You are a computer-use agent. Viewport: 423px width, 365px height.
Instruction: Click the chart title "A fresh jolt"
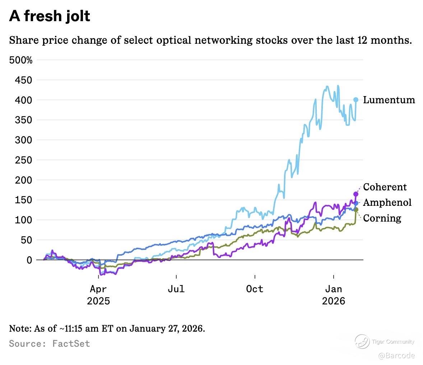[x=50, y=16]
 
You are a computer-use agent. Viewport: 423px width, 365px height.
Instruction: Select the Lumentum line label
[x=389, y=100]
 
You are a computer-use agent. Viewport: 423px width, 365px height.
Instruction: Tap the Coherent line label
[x=385, y=187]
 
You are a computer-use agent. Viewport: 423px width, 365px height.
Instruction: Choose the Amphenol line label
[x=387, y=203]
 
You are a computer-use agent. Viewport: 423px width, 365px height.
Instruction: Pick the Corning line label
[x=382, y=218]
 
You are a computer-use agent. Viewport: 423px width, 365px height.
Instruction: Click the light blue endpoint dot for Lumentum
[x=356, y=100]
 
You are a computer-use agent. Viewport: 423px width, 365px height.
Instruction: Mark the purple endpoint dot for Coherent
[x=356, y=194]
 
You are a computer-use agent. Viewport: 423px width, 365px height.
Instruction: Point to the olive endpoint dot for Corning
[x=356, y=209]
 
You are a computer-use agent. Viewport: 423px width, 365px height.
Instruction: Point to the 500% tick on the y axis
[x=20, y=60]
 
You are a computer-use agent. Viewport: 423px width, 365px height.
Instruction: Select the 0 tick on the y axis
[x=29, y=260]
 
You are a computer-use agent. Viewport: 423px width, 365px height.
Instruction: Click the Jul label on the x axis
[x=176, y=289]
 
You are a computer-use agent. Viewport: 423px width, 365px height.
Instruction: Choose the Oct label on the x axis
[x=255, y=289]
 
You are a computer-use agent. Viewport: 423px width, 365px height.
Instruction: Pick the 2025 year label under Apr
[x=98, y=300]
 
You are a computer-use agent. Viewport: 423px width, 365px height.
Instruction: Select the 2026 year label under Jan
[x=334, y=300]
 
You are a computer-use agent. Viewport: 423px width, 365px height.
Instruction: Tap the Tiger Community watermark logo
[x=362, y=341]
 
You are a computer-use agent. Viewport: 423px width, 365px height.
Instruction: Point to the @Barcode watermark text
[x=396, y=355]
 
